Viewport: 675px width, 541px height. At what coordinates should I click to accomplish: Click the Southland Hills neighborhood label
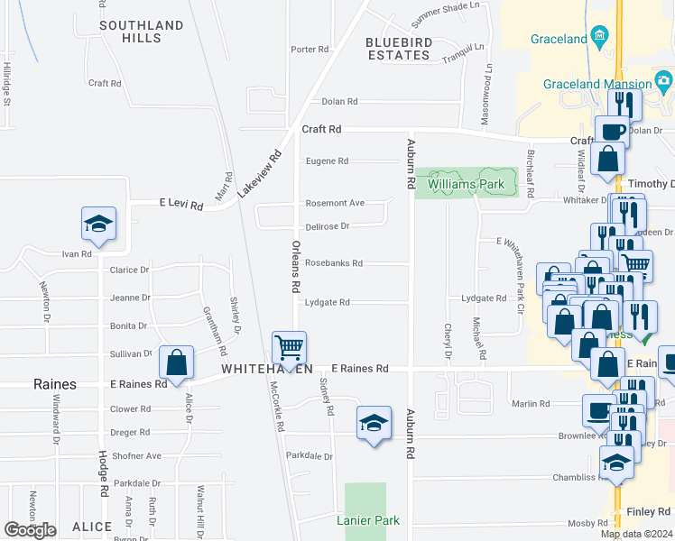click(x=143, y=32)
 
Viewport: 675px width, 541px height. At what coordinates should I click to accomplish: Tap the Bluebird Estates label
click(x=398, y=49)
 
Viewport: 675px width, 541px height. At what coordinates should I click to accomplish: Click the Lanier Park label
click(x=367, y=520)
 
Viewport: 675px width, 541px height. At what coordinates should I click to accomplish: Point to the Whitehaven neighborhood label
click(x=268, y=370)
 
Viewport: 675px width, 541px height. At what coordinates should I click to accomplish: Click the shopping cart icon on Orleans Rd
click(x=289, y=346)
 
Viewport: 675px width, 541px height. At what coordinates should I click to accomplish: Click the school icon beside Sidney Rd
click(x=374, y=423)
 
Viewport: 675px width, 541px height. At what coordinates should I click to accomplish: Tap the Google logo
click(x=30, y=530)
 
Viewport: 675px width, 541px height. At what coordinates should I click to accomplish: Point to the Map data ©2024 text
click(x=635, y=534)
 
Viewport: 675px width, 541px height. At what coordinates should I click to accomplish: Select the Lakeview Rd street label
click(x=260, y=174)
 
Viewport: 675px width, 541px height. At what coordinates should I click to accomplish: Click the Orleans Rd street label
click(x=295, y=266)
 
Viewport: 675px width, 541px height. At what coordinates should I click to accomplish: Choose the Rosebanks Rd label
click(x=334, y=263)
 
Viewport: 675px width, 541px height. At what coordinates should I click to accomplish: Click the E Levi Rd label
click(x=180, y=205)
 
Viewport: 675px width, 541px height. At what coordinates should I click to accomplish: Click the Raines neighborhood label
click(x=54, y=384)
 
